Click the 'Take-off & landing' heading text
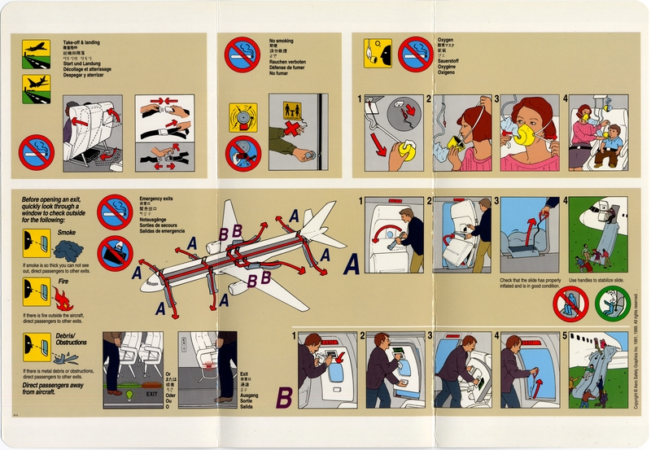(x=82, y=42)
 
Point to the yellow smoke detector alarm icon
(x=242, y=115)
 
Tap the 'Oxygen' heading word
(x=446, y=39)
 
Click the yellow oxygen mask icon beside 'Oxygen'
(x=378, y=52)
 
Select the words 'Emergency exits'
(x=157, y=199)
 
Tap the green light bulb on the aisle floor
(x=129, y=396)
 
